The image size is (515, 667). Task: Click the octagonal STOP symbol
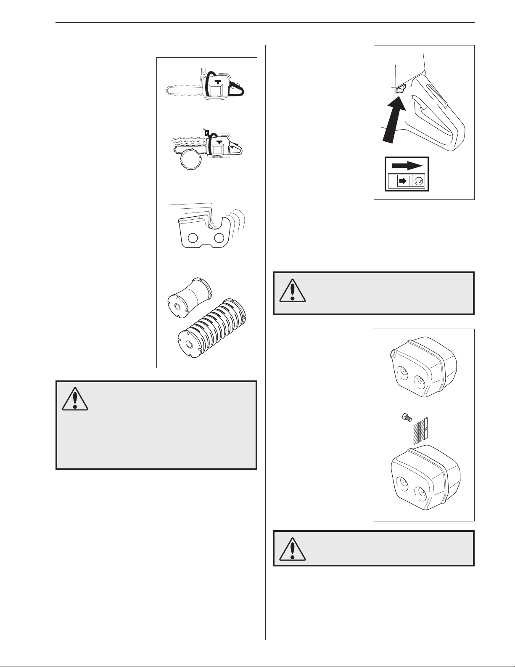pyautogui.click(x=418, y=181)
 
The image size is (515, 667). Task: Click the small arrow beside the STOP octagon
pyautogui.click(x=403, y=181)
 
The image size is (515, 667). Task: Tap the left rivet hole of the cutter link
pyautogui.click(x=193, y=238)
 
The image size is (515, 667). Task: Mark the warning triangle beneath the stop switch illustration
pyautogui.click(x=293, y=290)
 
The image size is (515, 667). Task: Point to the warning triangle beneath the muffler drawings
pyautogui.click(x=293, y=548)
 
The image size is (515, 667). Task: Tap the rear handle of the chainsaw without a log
pyautogui.click(x=236, y=91)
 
